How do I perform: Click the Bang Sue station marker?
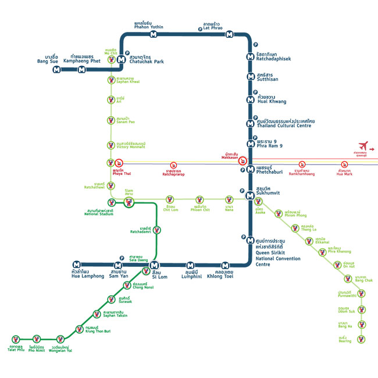pyautogui.click(x=56, y=70)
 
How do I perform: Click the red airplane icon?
pyautogui.click(x=364, y=145)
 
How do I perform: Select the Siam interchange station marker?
pyautogui.click(x=129, y=202)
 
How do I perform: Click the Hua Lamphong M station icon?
pyautogui.click(x=76, y=265)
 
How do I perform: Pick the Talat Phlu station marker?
pyautogui.click(x=16, y=338)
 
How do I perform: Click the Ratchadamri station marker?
pyautogui.click(x=157, y=230)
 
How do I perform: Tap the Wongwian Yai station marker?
pyautogui.click(x=60, y=338)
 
